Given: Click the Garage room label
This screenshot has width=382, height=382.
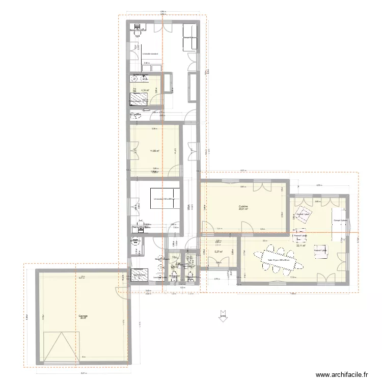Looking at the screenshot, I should coord(83,317).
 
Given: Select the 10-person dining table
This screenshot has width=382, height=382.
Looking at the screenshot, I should coord(279,258).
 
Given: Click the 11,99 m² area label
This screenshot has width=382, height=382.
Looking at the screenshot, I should coord(154,151).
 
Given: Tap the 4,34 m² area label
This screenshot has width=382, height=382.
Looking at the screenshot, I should coord(145,90).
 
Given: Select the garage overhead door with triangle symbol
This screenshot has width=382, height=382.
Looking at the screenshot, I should coord(63,346).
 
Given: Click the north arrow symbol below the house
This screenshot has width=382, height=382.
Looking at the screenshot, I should coord(223,316).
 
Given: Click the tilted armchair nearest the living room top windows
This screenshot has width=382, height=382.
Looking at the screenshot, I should coord(304,214).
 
